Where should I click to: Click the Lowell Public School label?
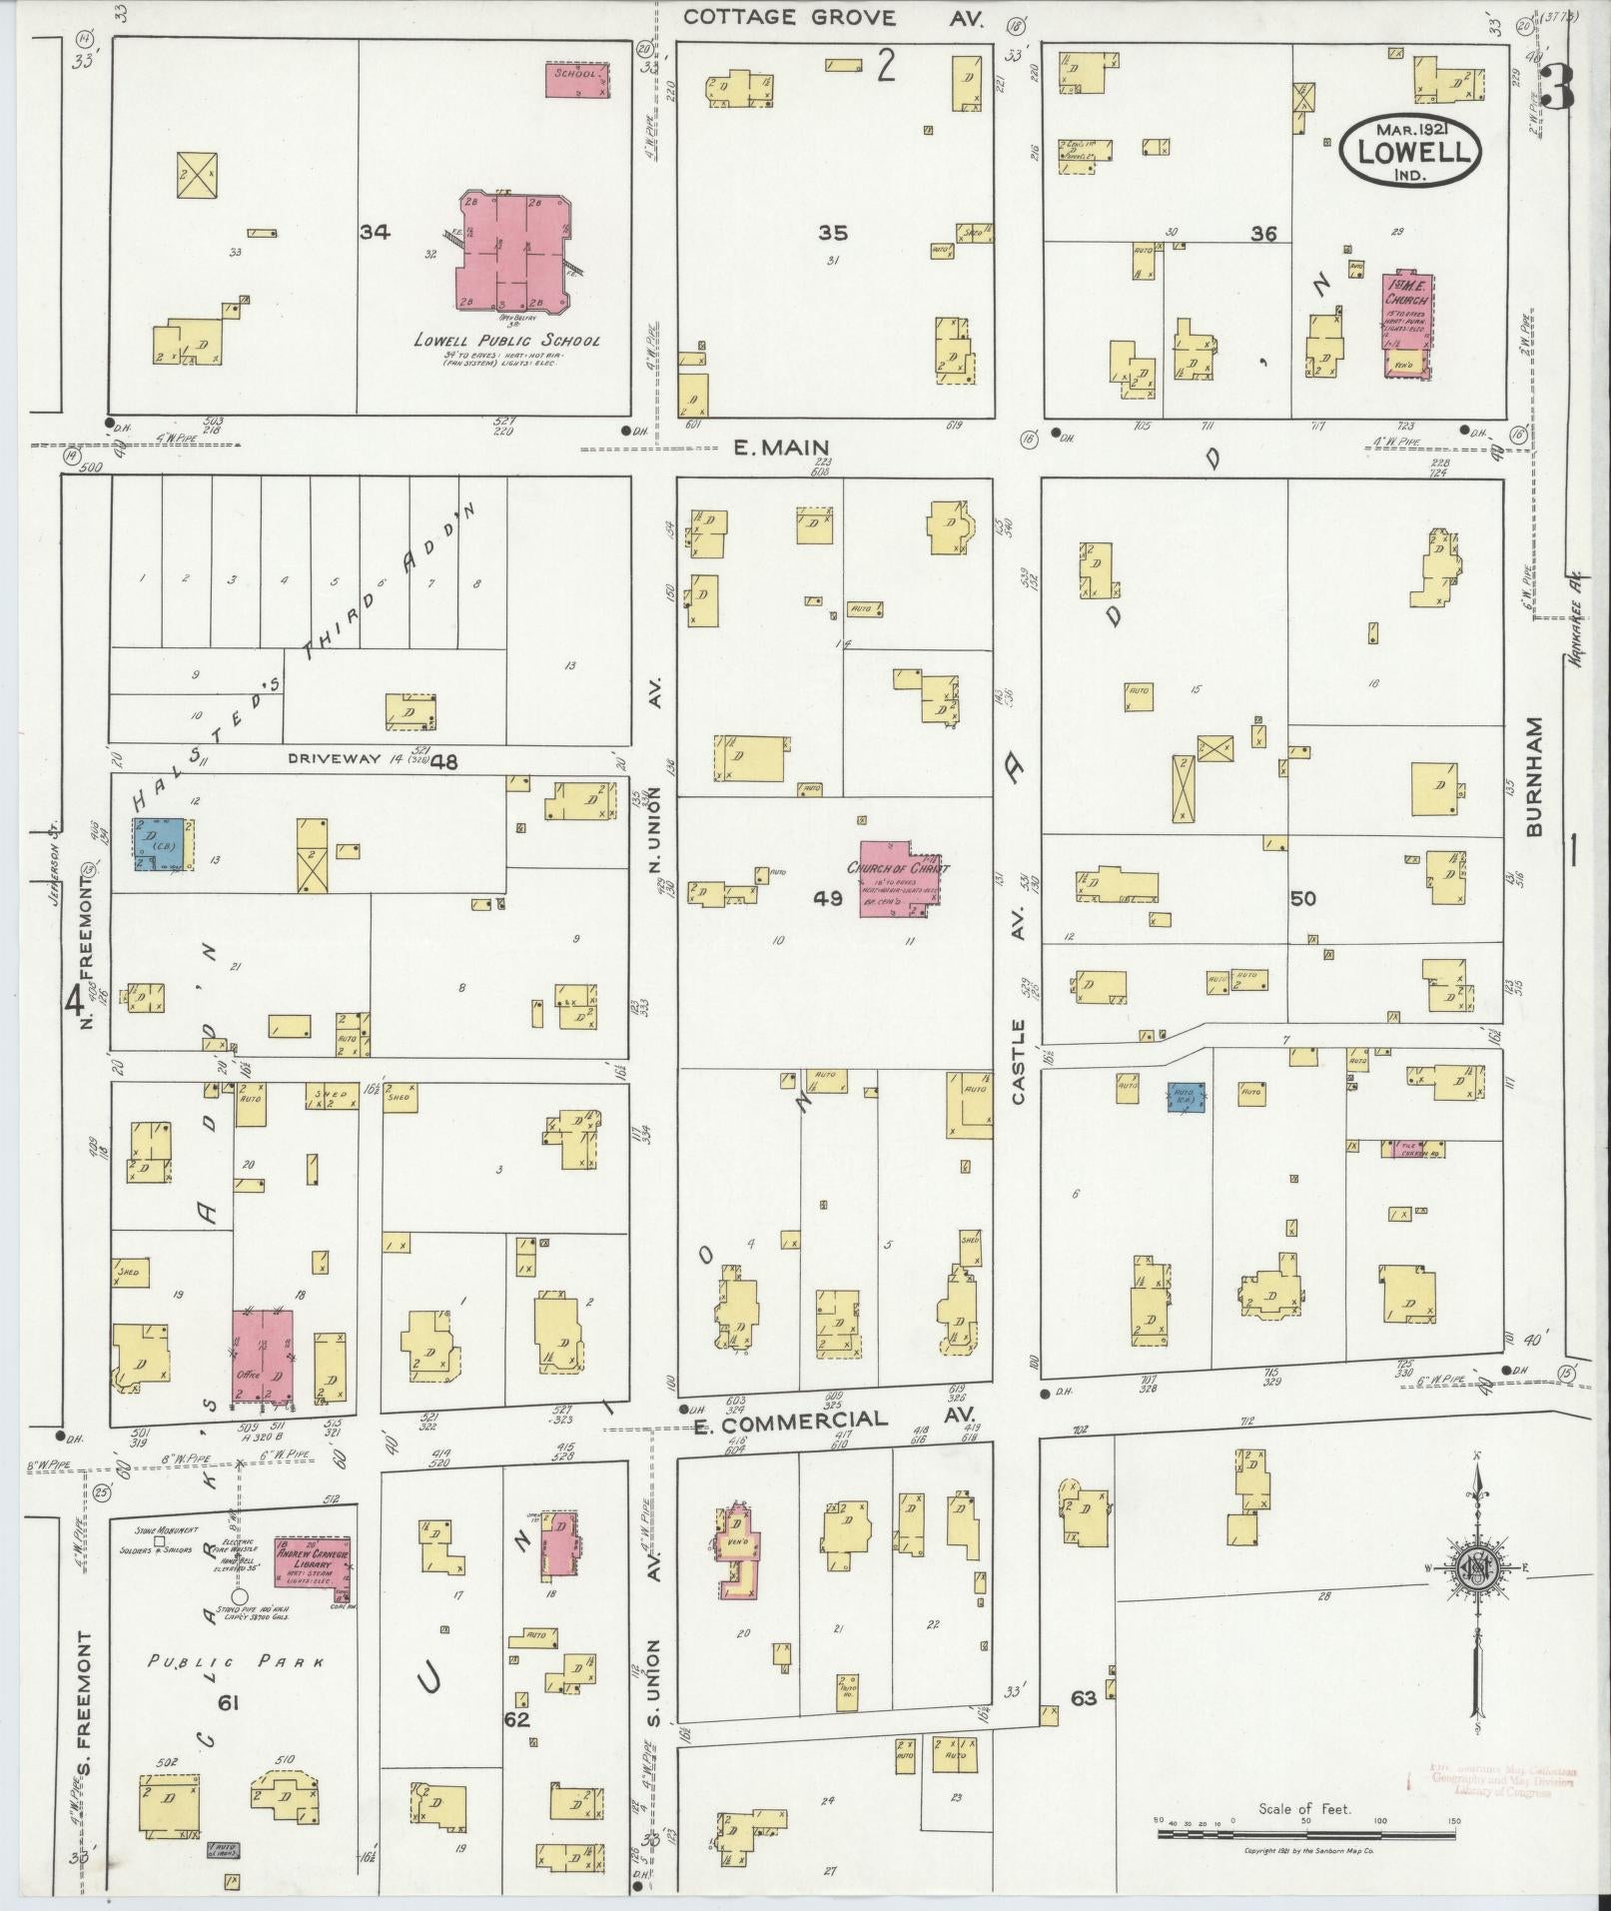click(x=507, y=341)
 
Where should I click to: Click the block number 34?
click(x=376, y=233)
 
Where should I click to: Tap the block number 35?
click(x=832, y=233)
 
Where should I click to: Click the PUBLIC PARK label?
click(x=237, y=1662)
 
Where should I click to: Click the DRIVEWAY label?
click(x=336, y=758)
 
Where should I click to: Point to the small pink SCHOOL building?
click(x=576, y=80)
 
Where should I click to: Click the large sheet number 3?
click(x=1556, y=88)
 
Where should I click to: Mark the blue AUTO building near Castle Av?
click(x=1187, y=1096)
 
